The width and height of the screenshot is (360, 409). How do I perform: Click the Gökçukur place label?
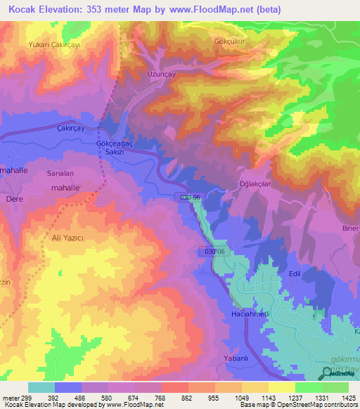[x=229, y=41]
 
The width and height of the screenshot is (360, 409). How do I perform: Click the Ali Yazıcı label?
[x=67, y=238]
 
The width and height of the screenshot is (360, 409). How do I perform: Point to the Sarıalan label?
[x=60, y=172]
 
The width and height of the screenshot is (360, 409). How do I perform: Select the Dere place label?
[x=15, y=199]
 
